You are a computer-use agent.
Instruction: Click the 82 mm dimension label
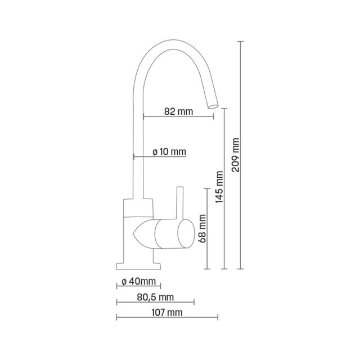(x=178, y=111)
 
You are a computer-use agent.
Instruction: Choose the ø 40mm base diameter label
(x=138, y=281)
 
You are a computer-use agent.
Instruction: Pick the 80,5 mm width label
(x=155, y=296)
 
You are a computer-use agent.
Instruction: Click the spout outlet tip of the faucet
(x=213, y=105)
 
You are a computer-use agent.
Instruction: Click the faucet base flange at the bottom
(x=138, y=266)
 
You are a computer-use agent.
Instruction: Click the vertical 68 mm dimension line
(x=209, y=228)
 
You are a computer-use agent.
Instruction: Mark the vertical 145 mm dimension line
(x=226, y=188)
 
